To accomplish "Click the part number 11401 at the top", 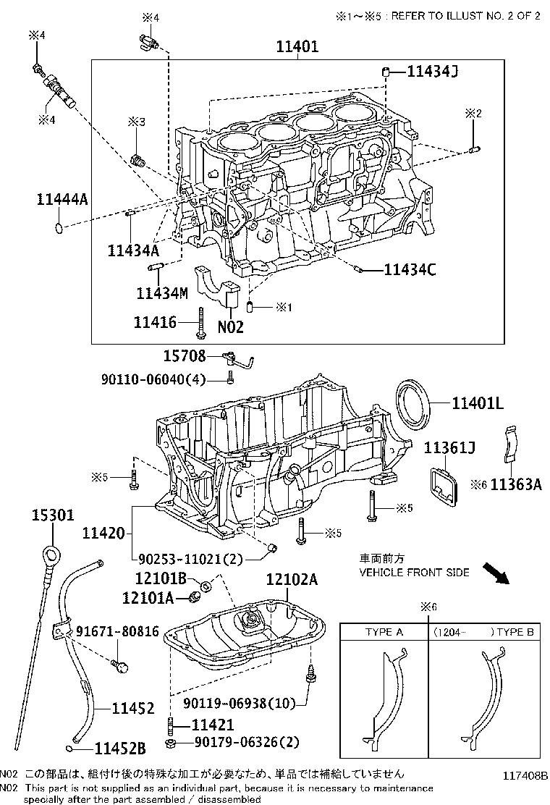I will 297,47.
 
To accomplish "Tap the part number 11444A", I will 62,201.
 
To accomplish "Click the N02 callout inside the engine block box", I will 231,326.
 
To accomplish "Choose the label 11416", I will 155,321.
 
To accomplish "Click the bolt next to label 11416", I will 200,322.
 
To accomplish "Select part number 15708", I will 185,355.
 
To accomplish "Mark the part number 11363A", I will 515,484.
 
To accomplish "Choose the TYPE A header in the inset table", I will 384,632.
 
